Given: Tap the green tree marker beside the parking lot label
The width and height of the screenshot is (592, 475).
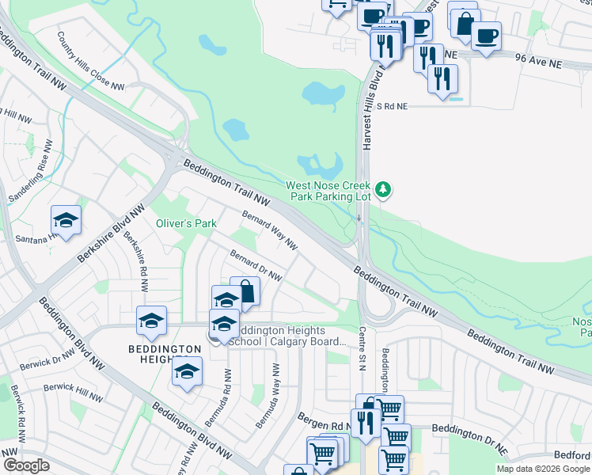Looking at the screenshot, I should point(384,189).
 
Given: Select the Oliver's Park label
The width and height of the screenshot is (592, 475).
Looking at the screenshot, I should point(186,224).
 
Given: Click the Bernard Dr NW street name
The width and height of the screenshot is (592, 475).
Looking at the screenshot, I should point(255,265).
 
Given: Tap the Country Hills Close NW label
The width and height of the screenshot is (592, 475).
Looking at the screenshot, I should point(91,60).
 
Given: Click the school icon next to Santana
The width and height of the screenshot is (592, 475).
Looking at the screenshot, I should point(66,221).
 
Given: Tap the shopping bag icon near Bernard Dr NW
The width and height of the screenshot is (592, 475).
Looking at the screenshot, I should point(245,291).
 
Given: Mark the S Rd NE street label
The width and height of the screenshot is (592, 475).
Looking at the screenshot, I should point(393,105).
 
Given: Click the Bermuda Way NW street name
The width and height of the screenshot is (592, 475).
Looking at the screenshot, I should point(268,396).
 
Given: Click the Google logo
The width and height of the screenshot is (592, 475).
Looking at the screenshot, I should point(26,465).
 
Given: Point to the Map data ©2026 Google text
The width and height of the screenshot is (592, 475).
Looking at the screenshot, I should point(542,469).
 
